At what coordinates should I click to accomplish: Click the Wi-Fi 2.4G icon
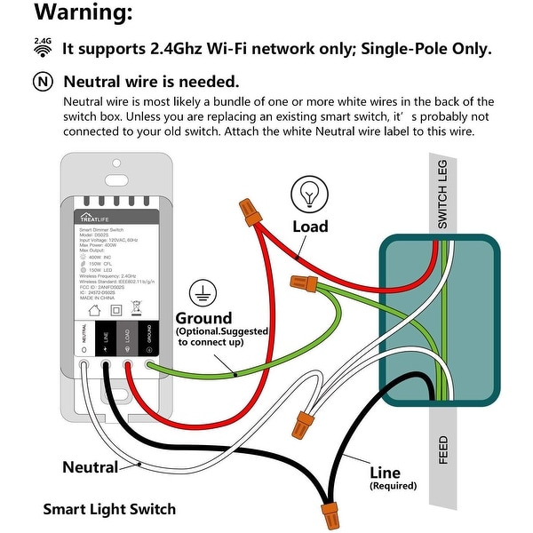tap(42, 47)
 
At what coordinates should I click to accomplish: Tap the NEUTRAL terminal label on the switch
tap(85, 335)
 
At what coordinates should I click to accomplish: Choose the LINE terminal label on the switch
tap(106, 335)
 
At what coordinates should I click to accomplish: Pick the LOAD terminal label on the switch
tap(128, 335)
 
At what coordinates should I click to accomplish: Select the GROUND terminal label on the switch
tap(148, 335)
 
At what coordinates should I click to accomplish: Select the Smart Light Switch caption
tap(109, 509)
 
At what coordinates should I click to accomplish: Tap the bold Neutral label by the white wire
tap(91, 467)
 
